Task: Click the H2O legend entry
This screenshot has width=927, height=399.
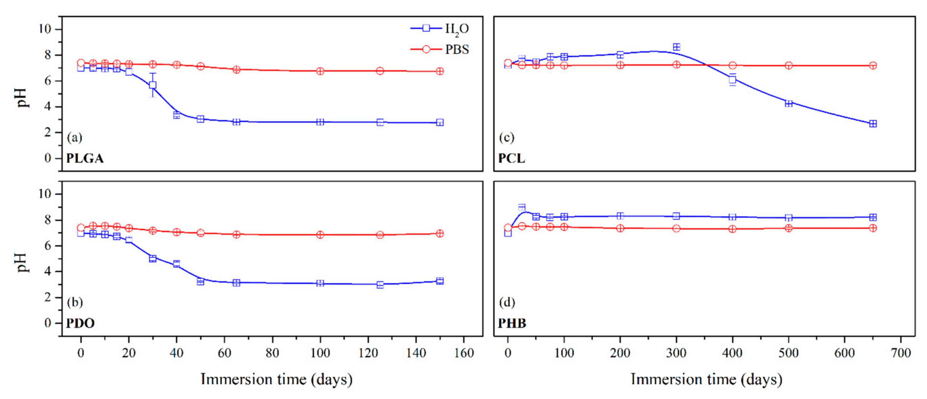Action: [x=440, y=28]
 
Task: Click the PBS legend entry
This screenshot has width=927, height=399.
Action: [x=440, y=49]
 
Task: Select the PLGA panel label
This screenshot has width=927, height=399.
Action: [x=85, y=158]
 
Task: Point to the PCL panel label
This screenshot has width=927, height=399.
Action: [x=511, y=158]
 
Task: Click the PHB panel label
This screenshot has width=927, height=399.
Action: [x=512, y=323]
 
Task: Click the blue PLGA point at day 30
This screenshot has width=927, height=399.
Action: [x=153, y=85]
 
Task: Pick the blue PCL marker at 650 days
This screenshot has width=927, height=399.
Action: [x=873, y=124]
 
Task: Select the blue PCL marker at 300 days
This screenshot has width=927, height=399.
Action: [x=676, y=47]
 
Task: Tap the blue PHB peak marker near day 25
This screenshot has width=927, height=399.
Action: [x=522, y=207]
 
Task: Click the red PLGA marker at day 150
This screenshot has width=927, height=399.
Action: [x=440, y=71]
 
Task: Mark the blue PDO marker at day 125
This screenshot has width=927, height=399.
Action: [x=380, y=285]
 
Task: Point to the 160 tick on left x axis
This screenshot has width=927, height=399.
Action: [x=464, y=353]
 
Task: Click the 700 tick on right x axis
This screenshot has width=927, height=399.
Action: [x=901, y=353]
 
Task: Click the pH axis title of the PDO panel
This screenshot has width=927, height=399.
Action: [x=22, y=262]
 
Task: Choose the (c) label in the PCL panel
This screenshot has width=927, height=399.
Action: [x=507, y=137]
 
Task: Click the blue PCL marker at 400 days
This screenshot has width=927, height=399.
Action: [x=732, y=80]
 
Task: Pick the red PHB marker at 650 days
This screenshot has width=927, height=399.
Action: [x=873, y=228]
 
